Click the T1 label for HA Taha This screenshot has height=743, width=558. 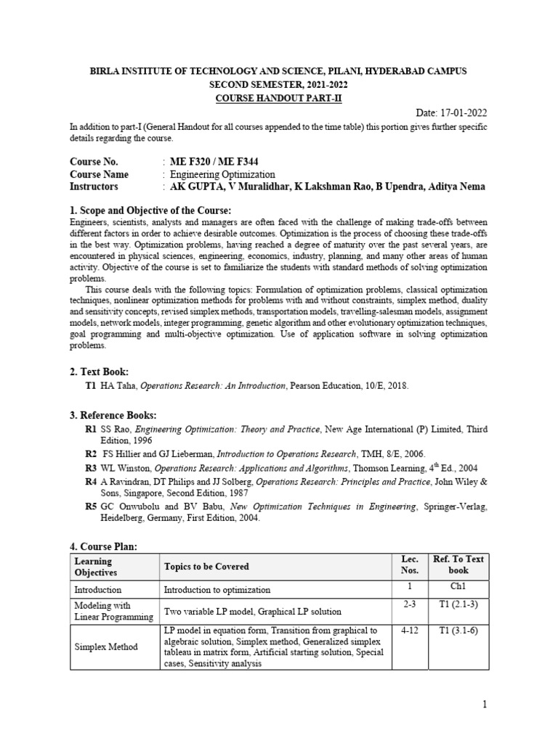90,387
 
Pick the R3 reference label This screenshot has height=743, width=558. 90,469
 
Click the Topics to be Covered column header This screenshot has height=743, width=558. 206,567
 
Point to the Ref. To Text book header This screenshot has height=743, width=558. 458,565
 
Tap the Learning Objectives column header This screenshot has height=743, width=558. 93,567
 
